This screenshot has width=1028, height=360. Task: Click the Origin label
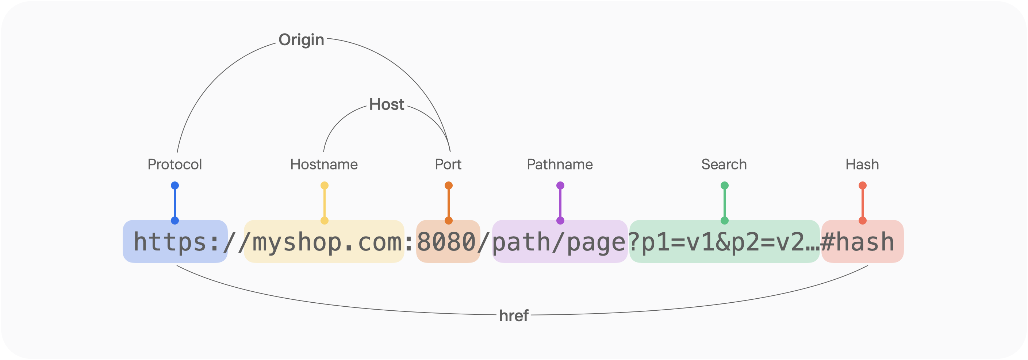301,40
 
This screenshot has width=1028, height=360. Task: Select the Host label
387,104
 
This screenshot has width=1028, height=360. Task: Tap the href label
514,316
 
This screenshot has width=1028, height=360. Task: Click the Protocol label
175,164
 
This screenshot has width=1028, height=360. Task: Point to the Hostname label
324,164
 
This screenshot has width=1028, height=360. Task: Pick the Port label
448,164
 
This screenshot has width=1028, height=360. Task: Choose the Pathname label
560,164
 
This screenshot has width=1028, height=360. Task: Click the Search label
724,164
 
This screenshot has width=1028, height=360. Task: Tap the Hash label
862,164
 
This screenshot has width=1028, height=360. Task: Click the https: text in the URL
176,242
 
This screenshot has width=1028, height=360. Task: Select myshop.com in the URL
327,242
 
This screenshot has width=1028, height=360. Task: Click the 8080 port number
446,242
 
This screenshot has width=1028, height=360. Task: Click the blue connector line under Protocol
175,203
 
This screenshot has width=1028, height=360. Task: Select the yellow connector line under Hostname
325,203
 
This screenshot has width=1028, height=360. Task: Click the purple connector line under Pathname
560,203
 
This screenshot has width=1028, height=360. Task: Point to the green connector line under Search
725,203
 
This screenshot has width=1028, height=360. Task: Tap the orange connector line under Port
449,203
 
